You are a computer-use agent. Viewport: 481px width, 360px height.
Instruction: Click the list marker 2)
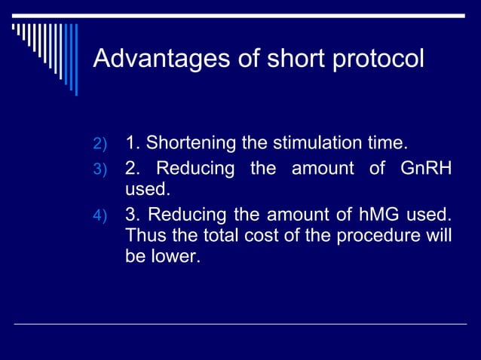pos(101,144)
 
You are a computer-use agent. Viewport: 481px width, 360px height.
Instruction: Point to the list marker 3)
pos(101,170)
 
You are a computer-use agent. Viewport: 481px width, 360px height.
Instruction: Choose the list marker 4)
pos(101,219)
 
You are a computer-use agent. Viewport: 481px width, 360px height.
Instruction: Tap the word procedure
pos(391,236)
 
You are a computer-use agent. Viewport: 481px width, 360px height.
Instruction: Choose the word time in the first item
pos(385,143)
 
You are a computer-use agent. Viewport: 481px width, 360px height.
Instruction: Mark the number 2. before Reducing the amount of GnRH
pos(132,169)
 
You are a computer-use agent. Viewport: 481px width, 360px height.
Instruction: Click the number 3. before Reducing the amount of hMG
pos(132,218)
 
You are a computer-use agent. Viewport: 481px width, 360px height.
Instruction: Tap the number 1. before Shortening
pos(132,143)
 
